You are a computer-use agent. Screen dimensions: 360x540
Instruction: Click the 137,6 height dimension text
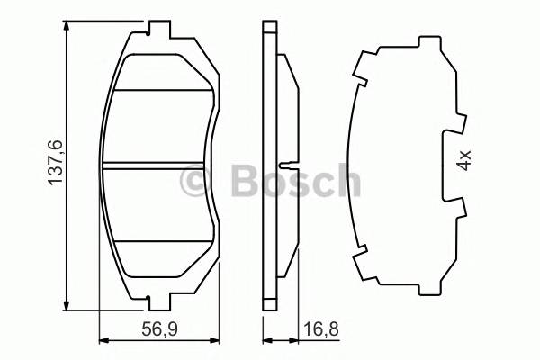pyautogui.click(x=54, y=162)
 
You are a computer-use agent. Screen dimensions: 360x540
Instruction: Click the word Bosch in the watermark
pyautogui.click(x=296, y=182)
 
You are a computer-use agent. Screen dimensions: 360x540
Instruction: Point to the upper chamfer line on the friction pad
pyautogui.click(x=162, y=91)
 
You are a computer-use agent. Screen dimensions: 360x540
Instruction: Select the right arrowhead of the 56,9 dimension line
pyautogui.click(x=215, y=340)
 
